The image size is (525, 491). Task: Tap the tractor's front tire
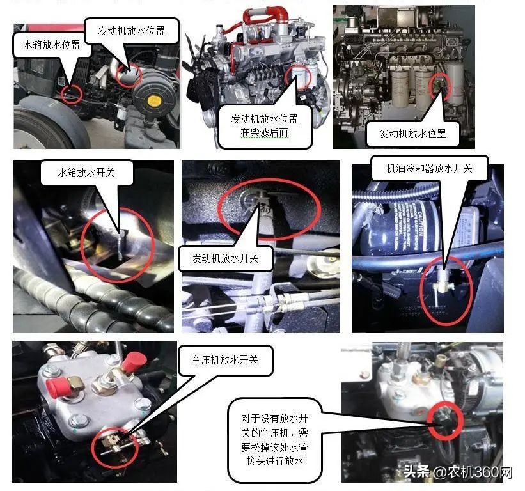[48, 128]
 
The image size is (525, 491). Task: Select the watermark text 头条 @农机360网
[458, 473]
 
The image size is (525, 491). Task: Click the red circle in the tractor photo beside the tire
[71, 94]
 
